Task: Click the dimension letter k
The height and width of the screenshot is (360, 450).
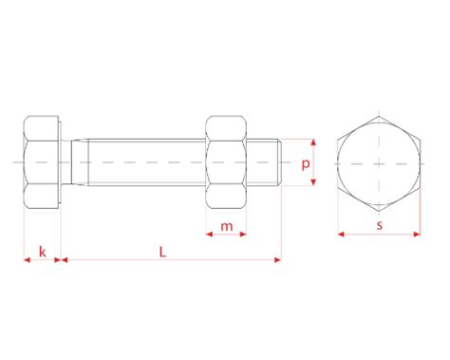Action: (43, 252)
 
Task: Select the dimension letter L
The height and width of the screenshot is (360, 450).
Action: (162, 252)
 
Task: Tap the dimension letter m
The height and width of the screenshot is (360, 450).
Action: (227, 227)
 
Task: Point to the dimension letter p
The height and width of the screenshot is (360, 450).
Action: (306, 164)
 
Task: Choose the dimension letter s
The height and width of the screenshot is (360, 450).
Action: (380, 225)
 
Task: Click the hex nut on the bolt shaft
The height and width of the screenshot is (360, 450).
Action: (226, 162)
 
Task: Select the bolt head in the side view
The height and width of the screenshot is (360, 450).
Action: (42, 162)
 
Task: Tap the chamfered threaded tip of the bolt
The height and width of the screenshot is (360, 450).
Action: (280, 162)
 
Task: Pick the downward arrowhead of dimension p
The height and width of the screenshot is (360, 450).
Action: (313, 182)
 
